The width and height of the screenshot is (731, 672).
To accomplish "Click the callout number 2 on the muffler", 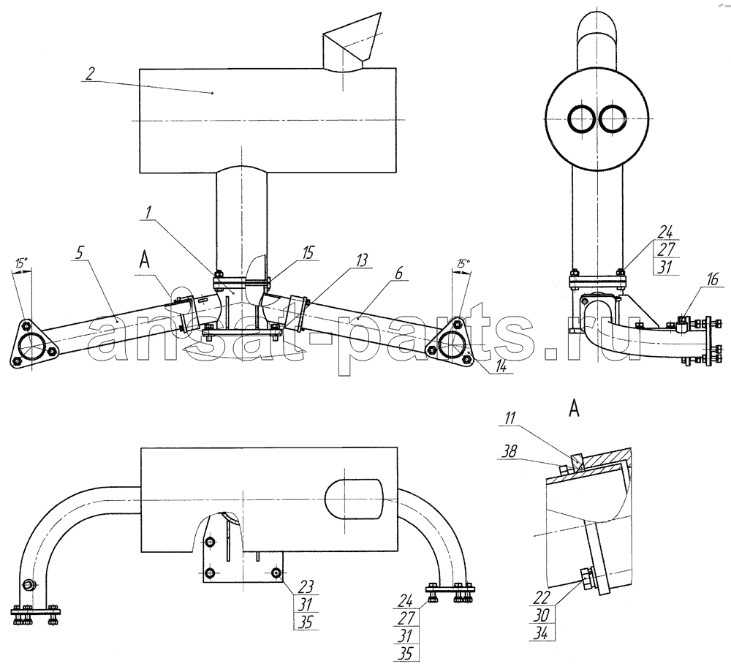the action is pyautogui.click(x=91, y=74).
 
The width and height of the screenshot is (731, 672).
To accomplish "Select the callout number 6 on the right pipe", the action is pyautogui.click(x=398, y=273).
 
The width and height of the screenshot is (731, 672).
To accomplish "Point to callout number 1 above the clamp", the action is pyautogui.click(x=148, y=213).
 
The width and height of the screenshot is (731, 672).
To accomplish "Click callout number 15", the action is pyautogui.click(x=308, y=253).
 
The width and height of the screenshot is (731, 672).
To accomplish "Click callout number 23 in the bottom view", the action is pyautogui.click(x=306, y=586).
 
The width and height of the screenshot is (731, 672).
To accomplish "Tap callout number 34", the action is pyautogui.click(x=543, y=633).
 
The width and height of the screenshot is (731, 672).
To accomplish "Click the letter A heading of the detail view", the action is pyautogui.click(x=575, y=409).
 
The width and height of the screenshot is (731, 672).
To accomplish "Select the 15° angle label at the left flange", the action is pyautogui.click(x=20, y=263).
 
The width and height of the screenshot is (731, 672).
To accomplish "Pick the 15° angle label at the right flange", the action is pyautogui.click(x=463, y=264).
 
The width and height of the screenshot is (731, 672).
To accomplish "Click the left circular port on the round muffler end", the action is pyautogui.click(x=581, y=118).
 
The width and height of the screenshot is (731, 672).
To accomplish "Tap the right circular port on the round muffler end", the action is pyautogui.click(x=613, y=118).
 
